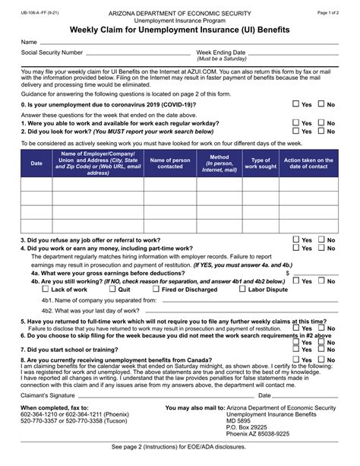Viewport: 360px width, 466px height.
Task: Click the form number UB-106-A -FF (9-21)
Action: [x=43, y=14]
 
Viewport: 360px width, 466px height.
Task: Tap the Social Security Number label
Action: [x=52, y=52]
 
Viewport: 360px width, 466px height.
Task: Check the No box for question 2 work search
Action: [x=321, y=131]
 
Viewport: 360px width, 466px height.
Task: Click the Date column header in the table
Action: [x=36, y=163]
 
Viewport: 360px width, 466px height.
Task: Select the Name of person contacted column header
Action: [x=169, y=163]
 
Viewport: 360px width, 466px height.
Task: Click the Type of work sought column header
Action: [x=261, y=163]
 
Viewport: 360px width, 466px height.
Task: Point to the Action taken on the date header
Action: [x=308, y=163]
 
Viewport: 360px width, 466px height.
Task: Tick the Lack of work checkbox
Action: [x=46, y=289]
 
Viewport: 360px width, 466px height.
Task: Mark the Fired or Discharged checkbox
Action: [x=156, y=289]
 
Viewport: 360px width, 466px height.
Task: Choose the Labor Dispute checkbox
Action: [x=242, y=289]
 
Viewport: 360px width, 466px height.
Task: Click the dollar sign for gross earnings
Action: [x=287, y=272]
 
